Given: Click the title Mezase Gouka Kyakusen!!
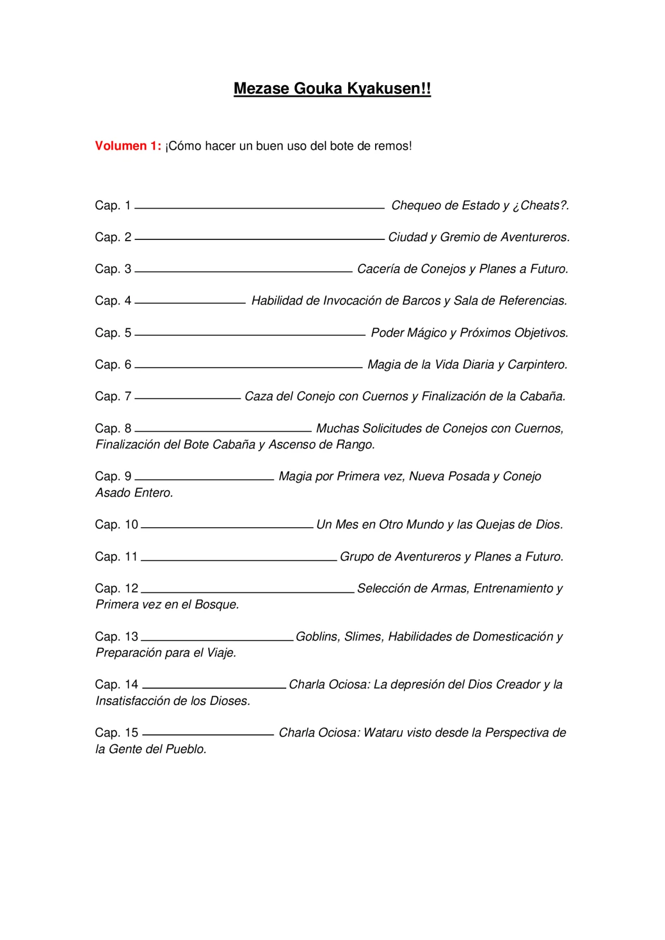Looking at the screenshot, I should click(332, 89).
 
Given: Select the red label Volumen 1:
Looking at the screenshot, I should click(128, 146).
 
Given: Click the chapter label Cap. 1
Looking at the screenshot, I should click(113, 206).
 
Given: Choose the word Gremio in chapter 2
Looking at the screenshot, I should click(459, 237).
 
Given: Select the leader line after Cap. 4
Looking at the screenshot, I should click(190, 303).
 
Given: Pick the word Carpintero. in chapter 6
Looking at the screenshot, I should click(537, 365).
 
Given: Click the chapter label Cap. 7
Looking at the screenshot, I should click(113, 397).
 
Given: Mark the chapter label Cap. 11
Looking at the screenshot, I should click(116, 557).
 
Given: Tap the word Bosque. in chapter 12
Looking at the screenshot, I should click(217, 605).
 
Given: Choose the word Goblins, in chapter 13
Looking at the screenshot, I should click(318, 637).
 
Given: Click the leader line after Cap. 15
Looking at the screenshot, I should click(208, 735).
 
